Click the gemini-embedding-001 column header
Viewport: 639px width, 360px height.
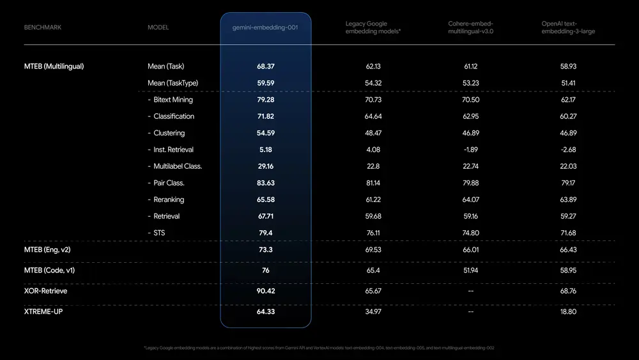[266, 27]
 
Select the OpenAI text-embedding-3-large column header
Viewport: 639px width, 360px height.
[568, 27]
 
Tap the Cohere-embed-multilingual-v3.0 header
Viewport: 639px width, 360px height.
[470, 27]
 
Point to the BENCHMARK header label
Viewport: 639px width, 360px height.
[43, 27]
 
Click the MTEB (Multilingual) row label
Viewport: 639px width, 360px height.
[54, 67]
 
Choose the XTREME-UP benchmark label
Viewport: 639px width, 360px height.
[43, 311]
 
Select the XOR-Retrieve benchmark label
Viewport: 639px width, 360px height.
[45, 291]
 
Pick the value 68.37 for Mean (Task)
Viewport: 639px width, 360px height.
[266, 67]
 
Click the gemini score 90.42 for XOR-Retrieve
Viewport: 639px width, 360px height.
[266, 291]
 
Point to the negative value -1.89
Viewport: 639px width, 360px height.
[470, 150]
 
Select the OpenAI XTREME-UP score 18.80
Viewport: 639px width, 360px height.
[568, 311]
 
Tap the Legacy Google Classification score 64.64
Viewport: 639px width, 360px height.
[373, 116]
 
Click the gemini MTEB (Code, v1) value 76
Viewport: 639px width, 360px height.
[266, 270]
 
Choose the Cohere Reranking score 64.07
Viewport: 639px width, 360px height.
[470, 200]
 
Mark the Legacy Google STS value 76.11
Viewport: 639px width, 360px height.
[373, 233]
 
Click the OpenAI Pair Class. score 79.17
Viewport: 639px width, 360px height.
[568, 183]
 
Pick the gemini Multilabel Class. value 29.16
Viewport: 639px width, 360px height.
[266, 166]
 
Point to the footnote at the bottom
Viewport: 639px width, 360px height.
[319, 348]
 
